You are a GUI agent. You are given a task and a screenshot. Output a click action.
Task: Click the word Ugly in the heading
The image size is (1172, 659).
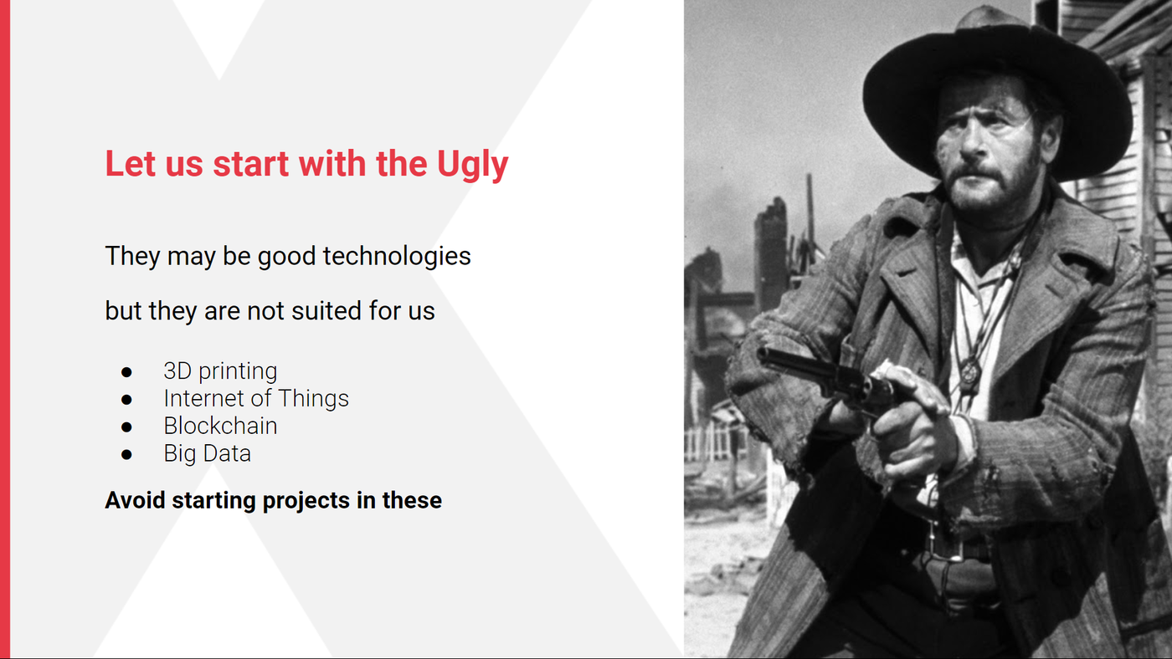coord(472,165)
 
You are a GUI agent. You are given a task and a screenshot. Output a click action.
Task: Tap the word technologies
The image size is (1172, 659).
coord(397,256)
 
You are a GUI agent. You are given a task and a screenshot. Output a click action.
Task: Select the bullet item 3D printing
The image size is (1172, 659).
coord(220,371)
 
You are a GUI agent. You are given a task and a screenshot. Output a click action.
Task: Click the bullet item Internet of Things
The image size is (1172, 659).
coord(256,398)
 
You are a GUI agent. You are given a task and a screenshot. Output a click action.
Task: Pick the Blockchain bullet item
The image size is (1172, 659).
coord(220,426)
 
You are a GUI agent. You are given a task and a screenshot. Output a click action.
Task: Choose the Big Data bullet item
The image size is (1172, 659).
coord(208,453)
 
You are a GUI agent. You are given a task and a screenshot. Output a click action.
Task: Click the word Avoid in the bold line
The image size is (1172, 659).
coord(135,500)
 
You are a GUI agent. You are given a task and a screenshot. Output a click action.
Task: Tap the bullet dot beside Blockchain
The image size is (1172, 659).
coord(126,427)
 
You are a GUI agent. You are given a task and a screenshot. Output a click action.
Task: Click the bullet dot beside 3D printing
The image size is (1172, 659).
coord(126,372)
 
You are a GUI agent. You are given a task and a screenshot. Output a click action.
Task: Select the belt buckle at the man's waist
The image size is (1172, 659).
coord(946,544)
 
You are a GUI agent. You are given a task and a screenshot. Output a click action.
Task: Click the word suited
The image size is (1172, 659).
coord(327,311)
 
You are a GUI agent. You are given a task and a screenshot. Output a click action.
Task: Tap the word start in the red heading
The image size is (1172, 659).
coord(250,164)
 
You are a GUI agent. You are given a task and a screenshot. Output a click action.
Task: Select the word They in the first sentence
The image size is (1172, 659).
coord(132,256)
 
